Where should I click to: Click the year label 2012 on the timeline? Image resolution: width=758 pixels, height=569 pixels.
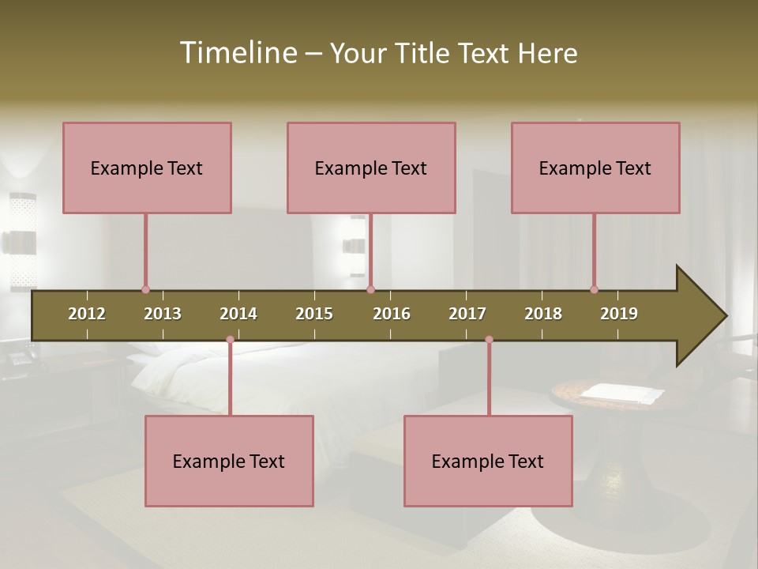(87, 314)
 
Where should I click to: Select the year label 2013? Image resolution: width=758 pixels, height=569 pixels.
(163, 314)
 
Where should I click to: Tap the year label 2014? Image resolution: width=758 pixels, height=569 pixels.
(238, 314)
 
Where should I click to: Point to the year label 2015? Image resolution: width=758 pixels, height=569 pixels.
(314, 314)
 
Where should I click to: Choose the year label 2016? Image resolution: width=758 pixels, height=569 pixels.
(392, 314)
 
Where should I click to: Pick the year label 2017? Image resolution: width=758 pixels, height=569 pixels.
(467, 314)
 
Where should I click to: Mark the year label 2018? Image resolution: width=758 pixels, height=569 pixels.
(543, 314)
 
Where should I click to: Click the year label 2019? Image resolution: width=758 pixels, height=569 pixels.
(619, 314)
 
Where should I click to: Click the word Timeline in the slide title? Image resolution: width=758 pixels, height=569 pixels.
(238, 53)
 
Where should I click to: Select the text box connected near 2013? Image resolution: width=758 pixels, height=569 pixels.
(147, 168)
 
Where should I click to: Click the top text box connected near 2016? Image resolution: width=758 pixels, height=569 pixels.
(371, 168)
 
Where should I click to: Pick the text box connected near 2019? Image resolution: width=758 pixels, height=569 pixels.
(595, 168)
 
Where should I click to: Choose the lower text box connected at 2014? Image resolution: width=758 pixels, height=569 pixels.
(229, 461)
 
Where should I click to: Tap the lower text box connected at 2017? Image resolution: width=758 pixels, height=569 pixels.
(488, 461)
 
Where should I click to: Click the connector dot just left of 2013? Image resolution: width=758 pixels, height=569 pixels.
(145, 290)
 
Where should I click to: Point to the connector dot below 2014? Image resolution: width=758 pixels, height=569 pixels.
(230, 340)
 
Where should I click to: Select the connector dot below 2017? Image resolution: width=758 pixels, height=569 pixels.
(489, 340)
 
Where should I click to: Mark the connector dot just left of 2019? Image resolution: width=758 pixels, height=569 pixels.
(594, 290)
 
